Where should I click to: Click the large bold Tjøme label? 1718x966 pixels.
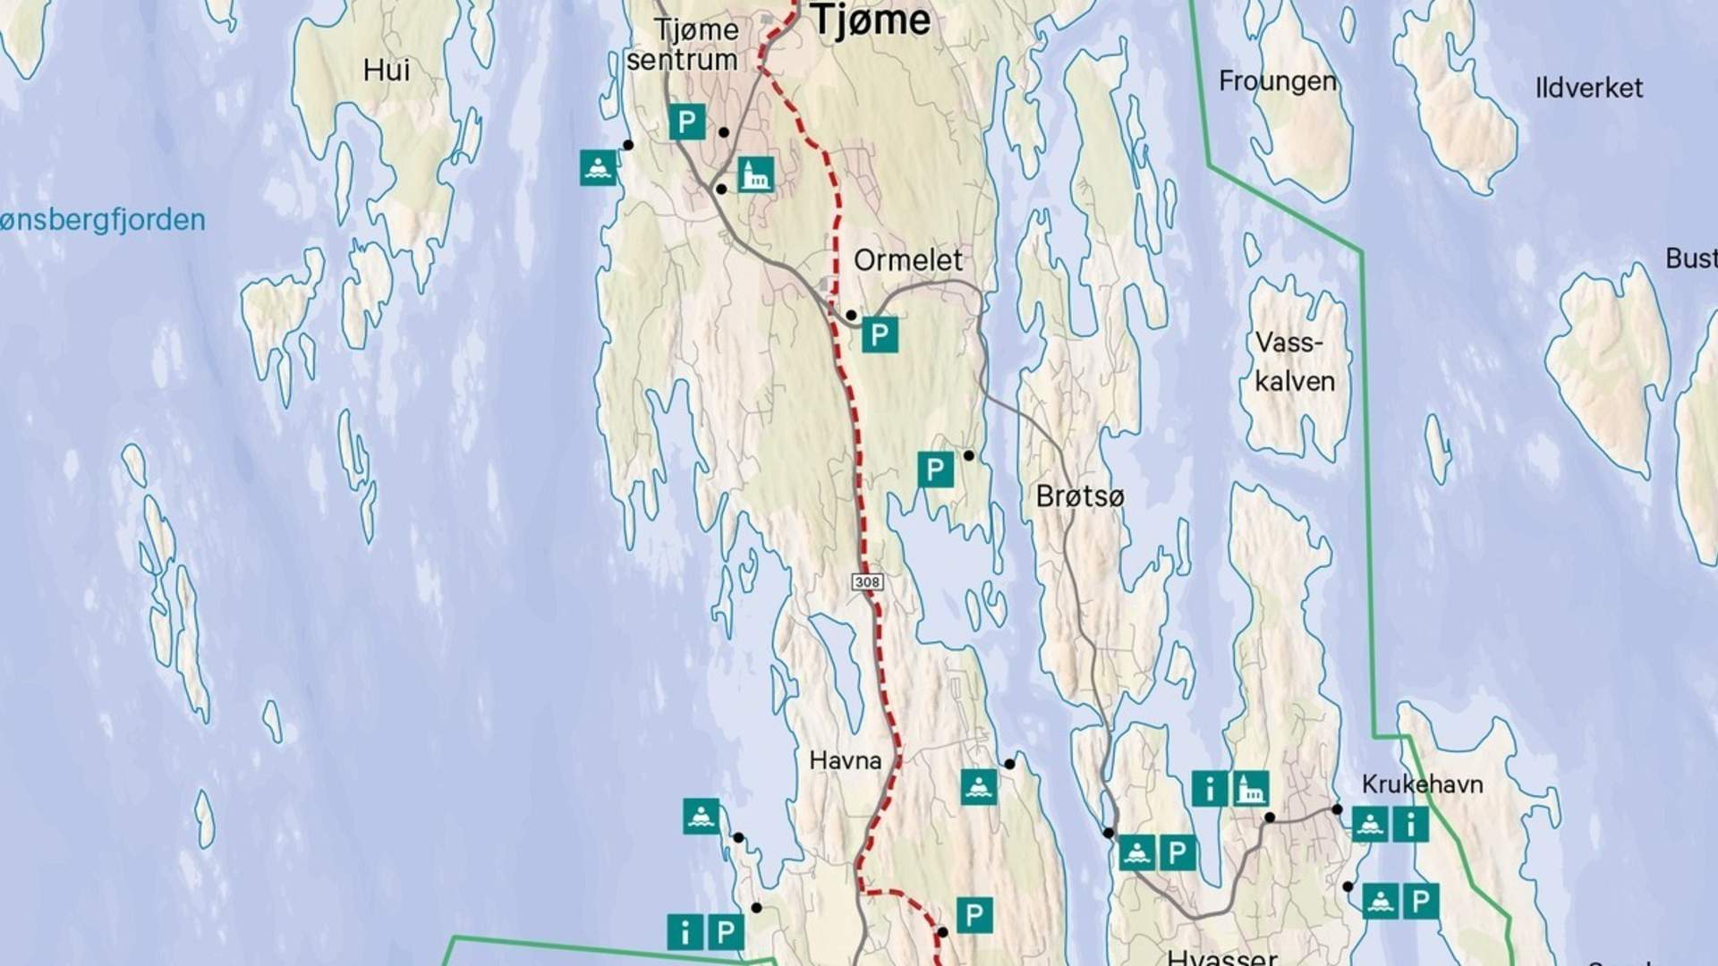pos(871,21)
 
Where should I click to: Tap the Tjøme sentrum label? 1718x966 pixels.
pos(684,45)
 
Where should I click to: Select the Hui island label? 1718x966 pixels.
pos(387,70)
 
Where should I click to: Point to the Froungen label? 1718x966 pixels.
pos(1277,81)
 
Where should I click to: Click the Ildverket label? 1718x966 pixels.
pos(1589,89)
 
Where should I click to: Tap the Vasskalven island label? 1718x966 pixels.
pos(1294,362)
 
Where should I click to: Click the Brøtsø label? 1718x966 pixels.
pos(1079,496)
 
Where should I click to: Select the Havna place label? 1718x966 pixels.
pos(846,761)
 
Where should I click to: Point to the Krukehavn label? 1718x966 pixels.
pos(1422,784)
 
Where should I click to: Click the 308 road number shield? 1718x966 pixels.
pos(867,582)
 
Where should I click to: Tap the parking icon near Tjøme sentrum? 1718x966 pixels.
pos(687,122)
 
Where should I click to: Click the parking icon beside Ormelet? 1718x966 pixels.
pos(880,335)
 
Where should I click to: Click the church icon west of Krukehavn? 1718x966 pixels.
pos(1250,789)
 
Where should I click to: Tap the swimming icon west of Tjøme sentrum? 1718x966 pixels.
pos(599,167)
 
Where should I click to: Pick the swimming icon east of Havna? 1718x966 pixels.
pos(979,787)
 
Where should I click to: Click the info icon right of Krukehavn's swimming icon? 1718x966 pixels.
pos(1411,825)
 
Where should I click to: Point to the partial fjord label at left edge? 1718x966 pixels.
pos(102,220)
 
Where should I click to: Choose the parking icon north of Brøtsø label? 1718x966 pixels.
pos(935,469)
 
